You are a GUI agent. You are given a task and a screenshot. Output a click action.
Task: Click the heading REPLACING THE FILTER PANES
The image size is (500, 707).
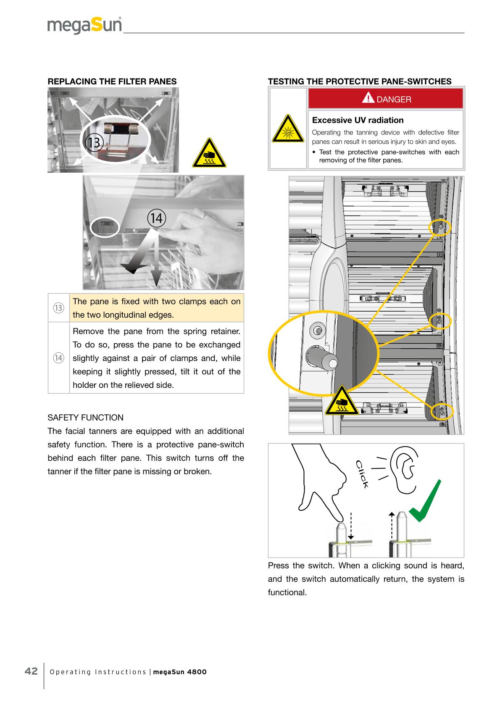[112, 81]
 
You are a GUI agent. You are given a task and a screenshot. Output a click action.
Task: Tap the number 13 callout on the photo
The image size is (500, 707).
[94, 142]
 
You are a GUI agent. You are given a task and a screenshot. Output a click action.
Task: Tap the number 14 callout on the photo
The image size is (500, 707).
[156, 218]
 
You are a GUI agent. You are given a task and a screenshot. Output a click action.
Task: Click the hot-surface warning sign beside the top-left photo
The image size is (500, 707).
[209, 154]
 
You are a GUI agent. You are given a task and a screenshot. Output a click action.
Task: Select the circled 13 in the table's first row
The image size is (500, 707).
[58, 308]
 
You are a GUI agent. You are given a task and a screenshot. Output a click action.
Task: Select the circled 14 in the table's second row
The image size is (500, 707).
[58, 358]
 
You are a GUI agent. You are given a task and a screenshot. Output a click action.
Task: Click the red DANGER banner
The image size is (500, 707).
[386, 99]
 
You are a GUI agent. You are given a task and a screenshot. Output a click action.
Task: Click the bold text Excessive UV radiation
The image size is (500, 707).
[358, 120]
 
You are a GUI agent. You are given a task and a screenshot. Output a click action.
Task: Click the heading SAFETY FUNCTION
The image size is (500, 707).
[86, 418]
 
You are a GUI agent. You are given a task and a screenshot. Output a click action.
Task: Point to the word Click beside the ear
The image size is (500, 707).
[362, 474]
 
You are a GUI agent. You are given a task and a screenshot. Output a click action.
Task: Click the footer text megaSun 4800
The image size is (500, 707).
[180, 672]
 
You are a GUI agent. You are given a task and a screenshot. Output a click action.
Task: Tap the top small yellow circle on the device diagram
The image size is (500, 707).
[439, 227]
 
